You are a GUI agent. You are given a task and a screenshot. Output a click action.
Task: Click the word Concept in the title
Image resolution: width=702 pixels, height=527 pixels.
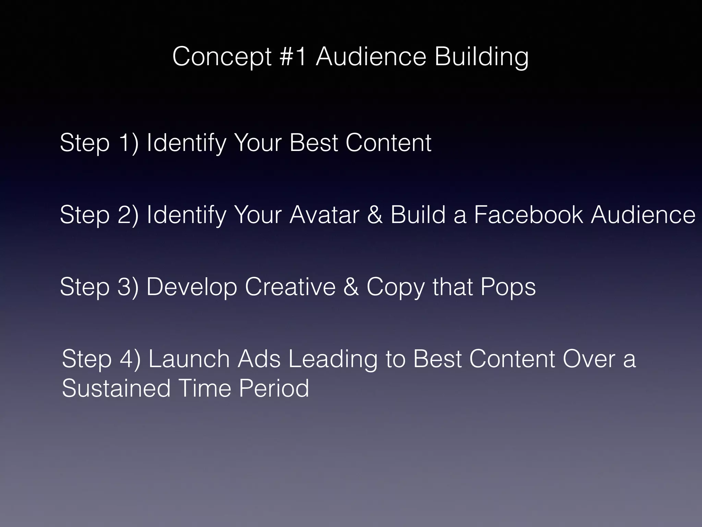[222, 57]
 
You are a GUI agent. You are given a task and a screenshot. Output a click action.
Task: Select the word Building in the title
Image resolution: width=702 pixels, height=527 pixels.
[482, 57]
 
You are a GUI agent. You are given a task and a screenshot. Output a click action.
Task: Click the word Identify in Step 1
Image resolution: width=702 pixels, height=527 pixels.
[186, 143]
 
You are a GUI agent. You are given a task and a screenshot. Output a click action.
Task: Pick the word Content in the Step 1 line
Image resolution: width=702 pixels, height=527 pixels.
[388, 143]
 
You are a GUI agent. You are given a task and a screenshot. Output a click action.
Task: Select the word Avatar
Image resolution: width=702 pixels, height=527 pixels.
[324, 215]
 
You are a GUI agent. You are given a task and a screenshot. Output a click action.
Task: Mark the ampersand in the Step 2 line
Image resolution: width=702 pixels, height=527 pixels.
[375, 215]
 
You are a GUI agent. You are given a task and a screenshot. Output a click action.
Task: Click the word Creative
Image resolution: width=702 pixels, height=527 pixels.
[290, 287]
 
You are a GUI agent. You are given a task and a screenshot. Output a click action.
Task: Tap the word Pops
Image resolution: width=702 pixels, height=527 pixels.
[508, 288]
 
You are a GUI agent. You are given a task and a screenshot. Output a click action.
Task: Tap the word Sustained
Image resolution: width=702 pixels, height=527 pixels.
[116, 388]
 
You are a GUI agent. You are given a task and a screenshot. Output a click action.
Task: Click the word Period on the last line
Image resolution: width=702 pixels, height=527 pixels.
[274, 388]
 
